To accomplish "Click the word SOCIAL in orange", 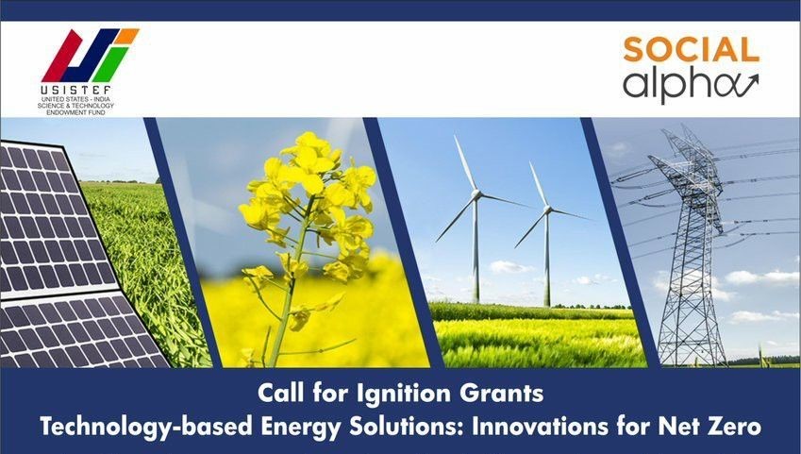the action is [692, 50].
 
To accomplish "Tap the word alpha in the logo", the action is [676, 84].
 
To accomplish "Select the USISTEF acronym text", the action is [75, 90].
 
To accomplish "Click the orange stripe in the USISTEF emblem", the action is [126, 36].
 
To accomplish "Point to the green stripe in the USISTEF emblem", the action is [108, 64].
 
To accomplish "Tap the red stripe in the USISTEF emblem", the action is [62, 57].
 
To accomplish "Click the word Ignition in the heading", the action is [404, 394].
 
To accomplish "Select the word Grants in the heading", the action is [501, 394].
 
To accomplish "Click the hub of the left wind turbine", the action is [476, 194].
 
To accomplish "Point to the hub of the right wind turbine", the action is [547, 210].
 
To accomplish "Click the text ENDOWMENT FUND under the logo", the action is [75, 112].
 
